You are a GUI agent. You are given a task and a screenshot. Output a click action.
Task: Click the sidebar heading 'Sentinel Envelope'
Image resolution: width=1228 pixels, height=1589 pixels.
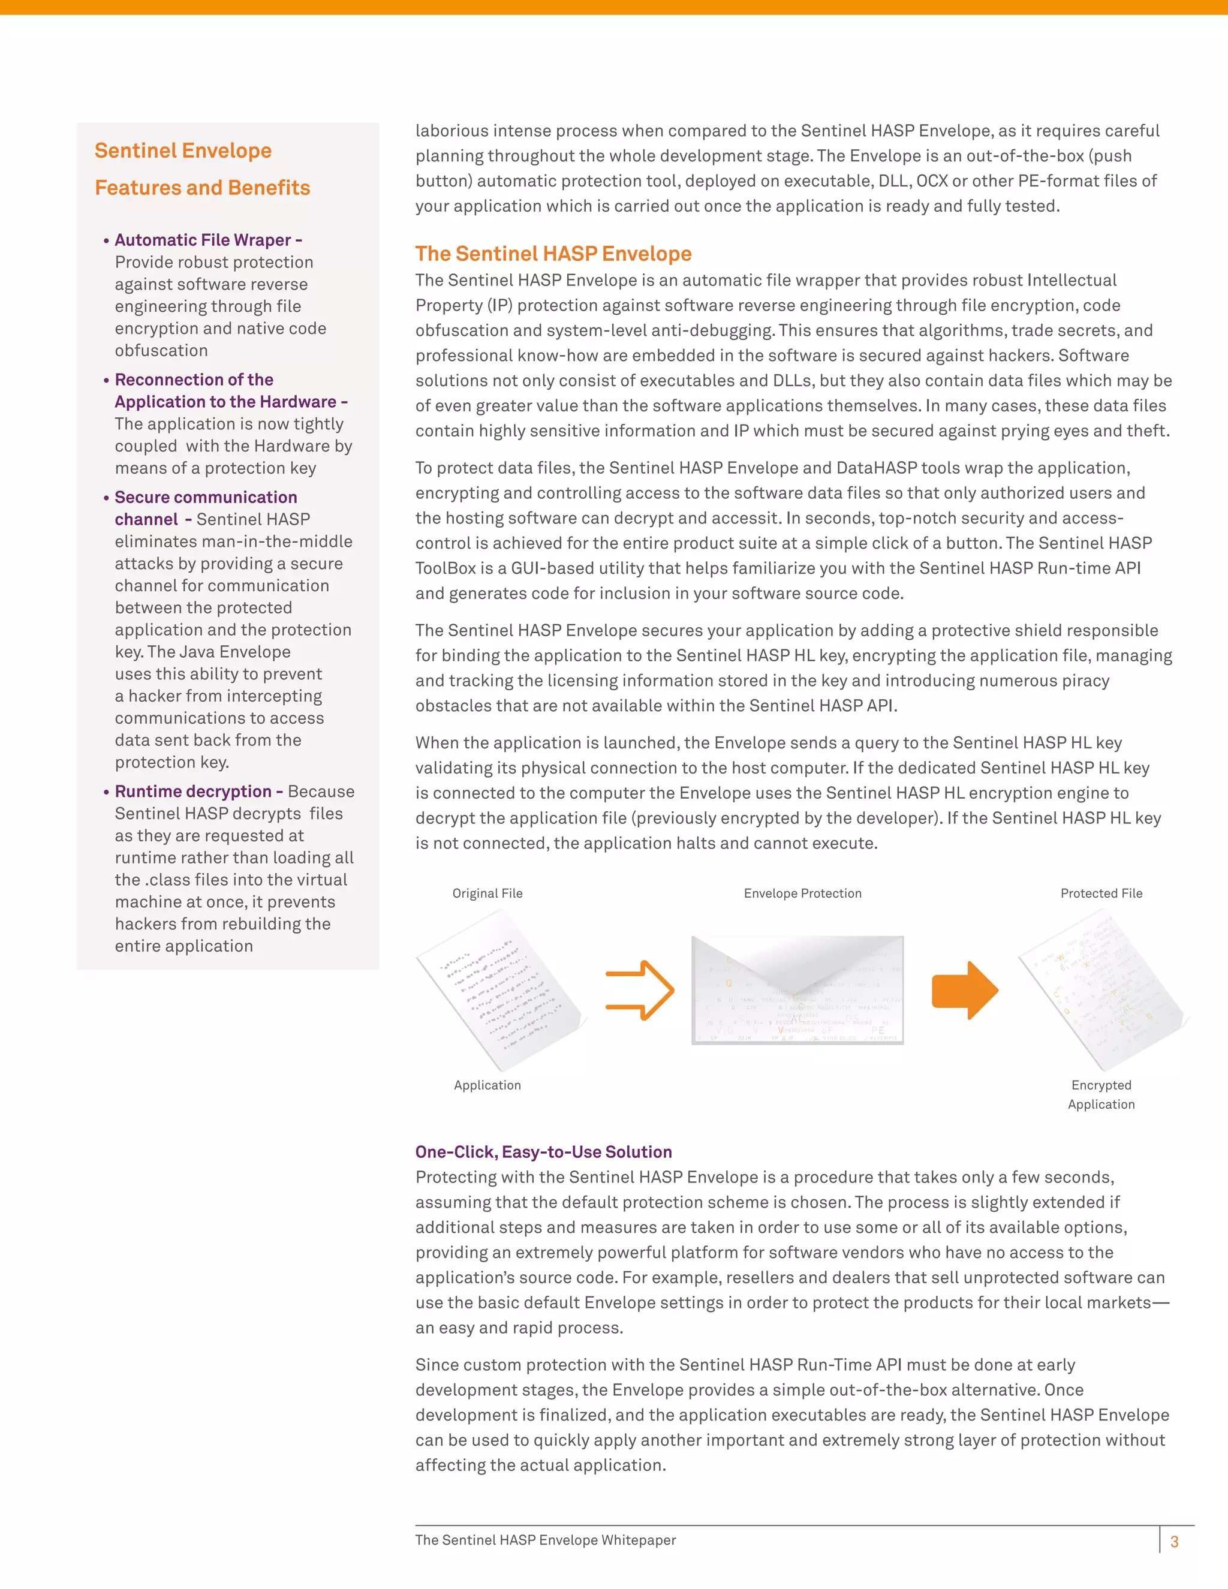click(x=183, y=151)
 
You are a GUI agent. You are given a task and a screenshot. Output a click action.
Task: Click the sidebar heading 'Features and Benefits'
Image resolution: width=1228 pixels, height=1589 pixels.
click(x=202, y=188)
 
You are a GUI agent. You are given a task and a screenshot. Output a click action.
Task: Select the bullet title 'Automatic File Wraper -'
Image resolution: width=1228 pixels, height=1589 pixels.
click(x=208, y=240)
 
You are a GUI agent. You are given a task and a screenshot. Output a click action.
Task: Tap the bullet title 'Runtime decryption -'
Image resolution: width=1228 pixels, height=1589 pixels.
click(x=198, y=791)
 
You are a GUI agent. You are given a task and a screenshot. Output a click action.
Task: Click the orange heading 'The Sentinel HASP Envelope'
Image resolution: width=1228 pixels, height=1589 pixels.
click(x=553, y=253)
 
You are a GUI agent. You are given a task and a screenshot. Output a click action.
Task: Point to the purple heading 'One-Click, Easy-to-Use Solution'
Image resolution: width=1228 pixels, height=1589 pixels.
click(x=543, y=1152)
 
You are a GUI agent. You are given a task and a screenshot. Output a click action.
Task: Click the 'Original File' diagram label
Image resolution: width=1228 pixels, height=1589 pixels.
click(x=487, y=893)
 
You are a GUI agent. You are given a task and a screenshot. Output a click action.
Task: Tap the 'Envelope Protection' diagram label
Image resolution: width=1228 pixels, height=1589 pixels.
click(x=802, y=893)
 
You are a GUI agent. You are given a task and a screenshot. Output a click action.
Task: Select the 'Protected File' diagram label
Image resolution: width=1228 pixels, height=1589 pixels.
click(x=1101, y=893)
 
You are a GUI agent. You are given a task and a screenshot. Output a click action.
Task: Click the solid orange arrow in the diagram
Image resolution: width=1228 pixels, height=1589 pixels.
click(x=965, y=990)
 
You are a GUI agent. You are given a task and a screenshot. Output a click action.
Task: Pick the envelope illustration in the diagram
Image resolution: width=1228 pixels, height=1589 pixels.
click(x=797, y=989)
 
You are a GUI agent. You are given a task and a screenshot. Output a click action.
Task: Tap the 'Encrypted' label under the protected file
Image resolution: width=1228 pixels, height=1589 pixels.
click(x=1101, y=1085)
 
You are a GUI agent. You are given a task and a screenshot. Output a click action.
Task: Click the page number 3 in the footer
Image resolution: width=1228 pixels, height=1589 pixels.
click(x=1174, y=1542)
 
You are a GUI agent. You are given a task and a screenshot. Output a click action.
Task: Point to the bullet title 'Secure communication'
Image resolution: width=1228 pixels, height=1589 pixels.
click(x=206, y=497)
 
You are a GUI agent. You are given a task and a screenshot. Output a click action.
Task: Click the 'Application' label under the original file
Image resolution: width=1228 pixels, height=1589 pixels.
click(x=487, y=1085)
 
